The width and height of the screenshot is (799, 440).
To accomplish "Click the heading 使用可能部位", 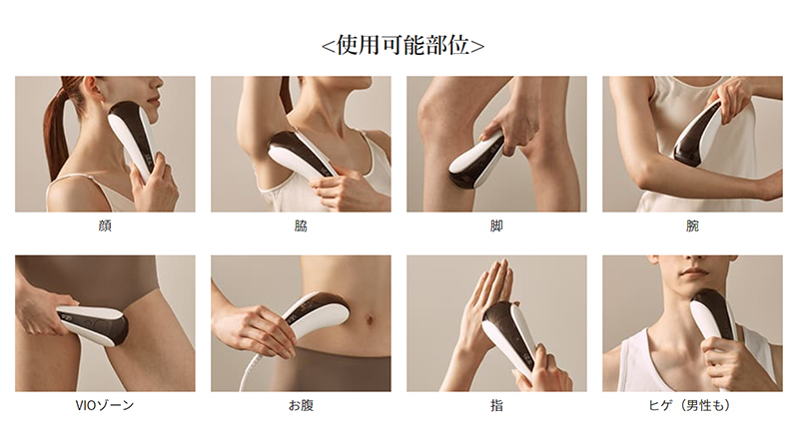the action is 402,45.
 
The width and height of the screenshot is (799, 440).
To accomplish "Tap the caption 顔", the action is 105,225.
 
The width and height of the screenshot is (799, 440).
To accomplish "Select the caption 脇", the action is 301,225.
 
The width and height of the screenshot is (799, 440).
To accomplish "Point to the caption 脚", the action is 496,225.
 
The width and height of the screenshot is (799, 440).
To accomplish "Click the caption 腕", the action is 692,225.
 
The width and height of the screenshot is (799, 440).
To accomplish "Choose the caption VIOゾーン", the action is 105,405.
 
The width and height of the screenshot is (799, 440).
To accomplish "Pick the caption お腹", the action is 301,405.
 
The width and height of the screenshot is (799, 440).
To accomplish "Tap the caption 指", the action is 496,405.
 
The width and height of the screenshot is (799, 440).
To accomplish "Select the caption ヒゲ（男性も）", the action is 692,405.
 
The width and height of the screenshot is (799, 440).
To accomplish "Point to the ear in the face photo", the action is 96,91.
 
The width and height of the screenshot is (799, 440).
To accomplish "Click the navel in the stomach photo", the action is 369,320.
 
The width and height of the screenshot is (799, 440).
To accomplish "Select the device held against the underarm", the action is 300,156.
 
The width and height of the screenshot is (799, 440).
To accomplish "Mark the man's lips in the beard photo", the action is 694,273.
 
